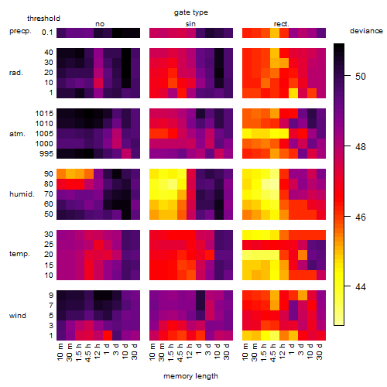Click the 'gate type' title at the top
point(191,12)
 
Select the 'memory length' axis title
point(190,376)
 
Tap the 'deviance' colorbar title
point(366,31)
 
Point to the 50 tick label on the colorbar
point(361,77)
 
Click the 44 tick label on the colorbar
point(361,286)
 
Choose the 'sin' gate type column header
point(190,24)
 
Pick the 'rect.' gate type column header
point(282,24)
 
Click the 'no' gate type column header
point(100,24)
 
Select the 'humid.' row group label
point(22,194)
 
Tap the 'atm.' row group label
point(17,134)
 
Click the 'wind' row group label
point(18,316)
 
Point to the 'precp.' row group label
point(20,31)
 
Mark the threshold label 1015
point(44,114)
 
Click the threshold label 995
point(46,154)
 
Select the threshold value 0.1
point(47,33)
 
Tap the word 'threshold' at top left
point(43,19)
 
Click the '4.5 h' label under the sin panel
point(180,352)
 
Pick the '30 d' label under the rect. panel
point(320,351)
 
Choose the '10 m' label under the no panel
point(60,352)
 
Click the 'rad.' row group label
point(16,73)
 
